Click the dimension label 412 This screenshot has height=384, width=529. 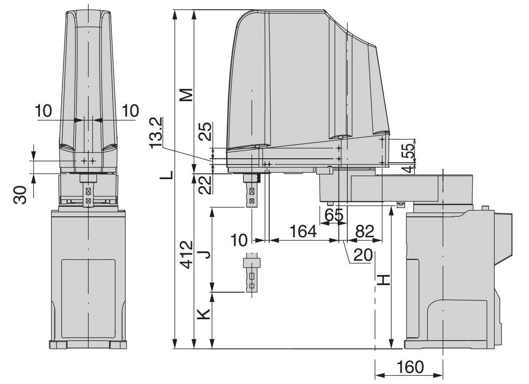[x=187, y=255]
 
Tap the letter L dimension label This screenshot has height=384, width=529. [x=167, y=175]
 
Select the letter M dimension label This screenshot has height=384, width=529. [x=186, y=95]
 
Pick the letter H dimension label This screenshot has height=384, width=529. [x=384, y=280]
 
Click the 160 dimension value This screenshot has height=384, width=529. [x=410, y=367]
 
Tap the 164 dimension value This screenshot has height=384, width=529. [x=303, y=231]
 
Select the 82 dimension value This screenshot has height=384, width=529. [x=364, y=231]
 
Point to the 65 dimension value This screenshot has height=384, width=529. [x=334, y=215]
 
